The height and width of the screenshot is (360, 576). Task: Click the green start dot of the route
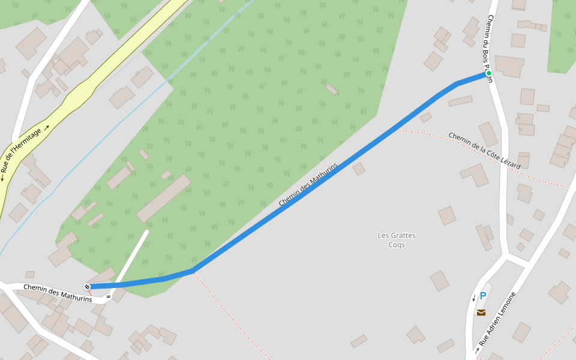click(489, 73)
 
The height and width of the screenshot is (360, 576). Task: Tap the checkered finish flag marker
click(88, 287)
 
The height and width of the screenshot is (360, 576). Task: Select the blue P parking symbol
click(482, 296)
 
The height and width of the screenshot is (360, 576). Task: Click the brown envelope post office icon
click(481, 312)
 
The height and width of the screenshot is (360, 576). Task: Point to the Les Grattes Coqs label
click(397, 240)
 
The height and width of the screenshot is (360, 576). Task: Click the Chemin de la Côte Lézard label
click(484, 151)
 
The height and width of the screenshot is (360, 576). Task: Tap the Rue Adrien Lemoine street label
click(497, 319)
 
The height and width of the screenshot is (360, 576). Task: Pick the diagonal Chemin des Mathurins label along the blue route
click(308, 184)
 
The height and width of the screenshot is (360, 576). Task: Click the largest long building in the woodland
click(163, 199)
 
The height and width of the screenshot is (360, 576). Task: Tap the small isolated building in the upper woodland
click(332, 89)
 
